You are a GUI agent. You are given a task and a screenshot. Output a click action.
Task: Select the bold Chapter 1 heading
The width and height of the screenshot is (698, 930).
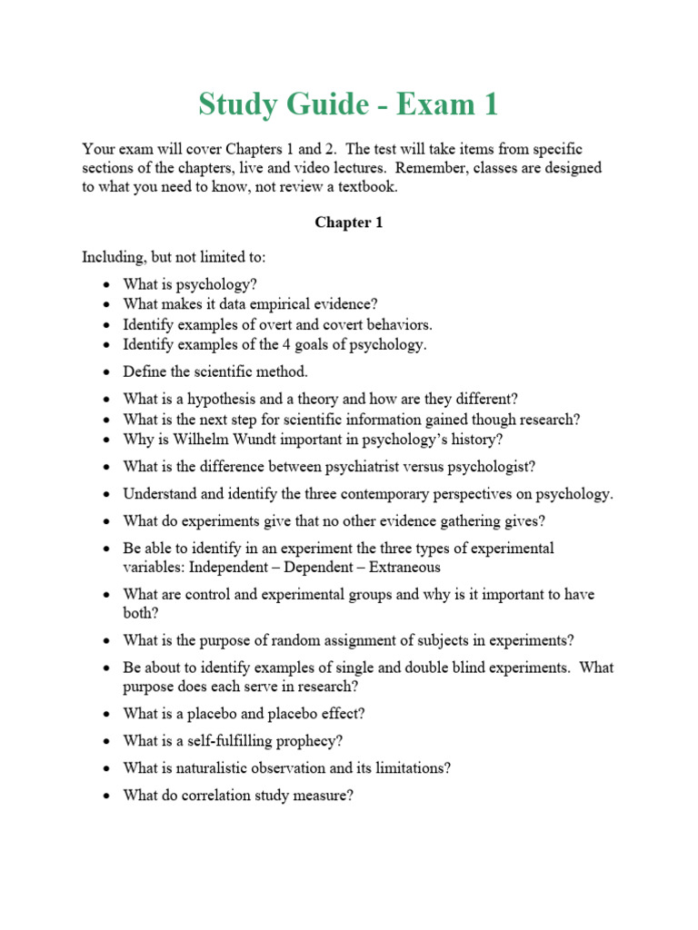click(x=348, y=223)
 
